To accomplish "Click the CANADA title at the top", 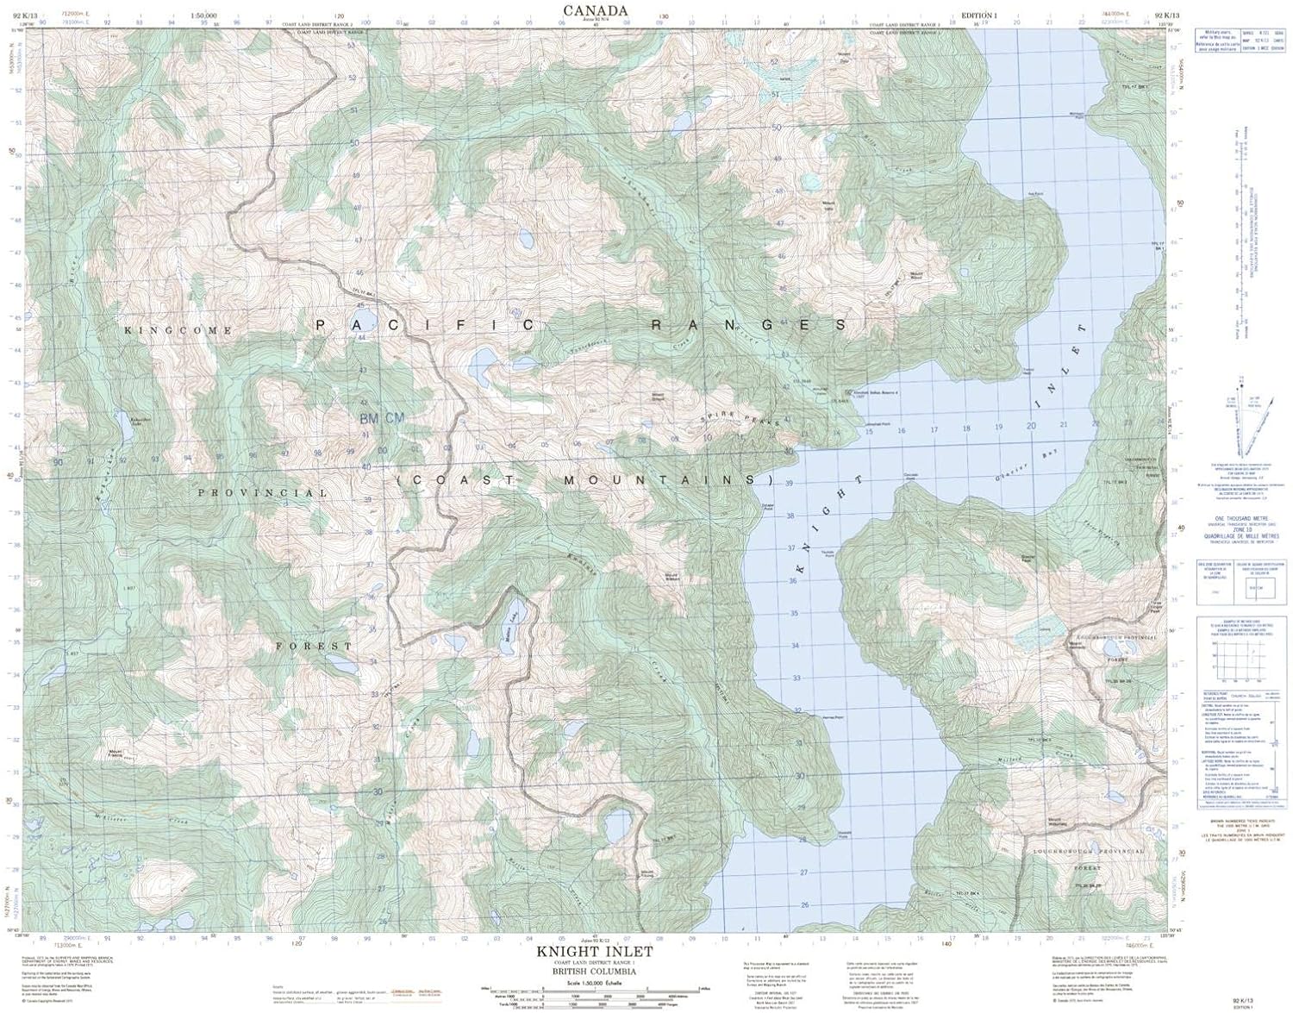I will click(x=595, y=9).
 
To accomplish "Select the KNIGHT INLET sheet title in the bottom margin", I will click(x=595, y=952).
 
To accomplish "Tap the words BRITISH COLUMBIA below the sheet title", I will click(x=595, y=971).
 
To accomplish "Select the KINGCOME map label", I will click(x=178, y=330).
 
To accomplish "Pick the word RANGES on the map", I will click(x=748, y=325).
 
